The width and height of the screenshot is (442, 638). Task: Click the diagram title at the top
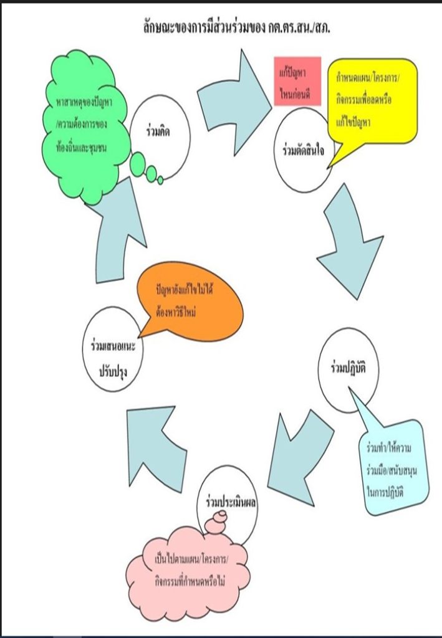236,28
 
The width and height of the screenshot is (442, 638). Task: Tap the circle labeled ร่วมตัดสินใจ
303,150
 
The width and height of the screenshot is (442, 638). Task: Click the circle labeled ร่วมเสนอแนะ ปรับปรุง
113,349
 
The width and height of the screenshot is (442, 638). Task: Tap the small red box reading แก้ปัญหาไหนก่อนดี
297,81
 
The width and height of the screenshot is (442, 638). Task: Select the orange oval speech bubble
190,304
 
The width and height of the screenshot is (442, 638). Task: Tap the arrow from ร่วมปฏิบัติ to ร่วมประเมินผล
299,458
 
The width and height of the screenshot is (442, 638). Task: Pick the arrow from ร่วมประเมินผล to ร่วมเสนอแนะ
156,447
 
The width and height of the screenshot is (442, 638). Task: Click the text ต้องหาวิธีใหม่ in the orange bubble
176,313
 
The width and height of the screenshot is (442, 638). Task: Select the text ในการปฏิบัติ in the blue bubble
385,493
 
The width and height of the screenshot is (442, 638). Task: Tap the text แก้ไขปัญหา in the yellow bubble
353,123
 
